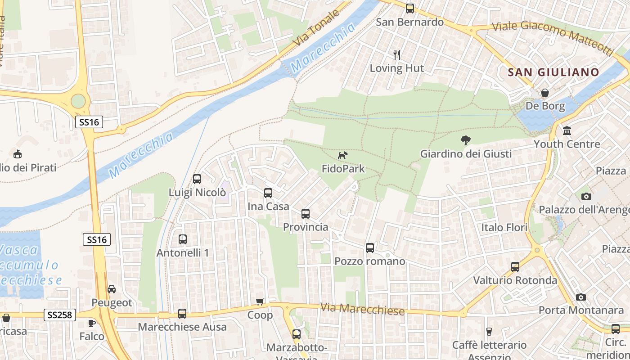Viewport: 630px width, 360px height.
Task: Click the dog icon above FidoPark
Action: point(342,156)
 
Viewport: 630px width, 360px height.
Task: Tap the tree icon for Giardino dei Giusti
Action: point(466,140)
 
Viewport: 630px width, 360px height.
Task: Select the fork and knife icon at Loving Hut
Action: point(397,55)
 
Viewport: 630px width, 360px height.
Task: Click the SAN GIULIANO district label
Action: point(553,72)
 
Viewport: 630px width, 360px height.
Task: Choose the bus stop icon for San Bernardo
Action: point(409,8)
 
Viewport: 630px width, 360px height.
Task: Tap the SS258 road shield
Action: point(60,315)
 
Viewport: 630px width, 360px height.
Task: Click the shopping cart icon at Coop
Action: point(260,301)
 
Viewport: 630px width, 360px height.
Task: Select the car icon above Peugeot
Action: point(112,289)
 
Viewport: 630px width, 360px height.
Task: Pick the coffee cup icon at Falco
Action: point(92,323)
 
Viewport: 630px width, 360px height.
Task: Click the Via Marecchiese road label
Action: point(362,309)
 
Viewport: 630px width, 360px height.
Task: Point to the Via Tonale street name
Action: point(316,28)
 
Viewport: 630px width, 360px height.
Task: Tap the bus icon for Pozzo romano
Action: point(370,247)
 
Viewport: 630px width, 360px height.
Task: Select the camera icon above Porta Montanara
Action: point(581,297)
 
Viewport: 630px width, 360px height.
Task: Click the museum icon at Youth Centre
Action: point(567,131)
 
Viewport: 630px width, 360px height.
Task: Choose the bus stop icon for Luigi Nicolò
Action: point(197,179)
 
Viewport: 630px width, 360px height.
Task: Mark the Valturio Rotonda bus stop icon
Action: point(515,267)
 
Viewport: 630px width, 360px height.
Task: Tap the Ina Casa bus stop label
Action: point(268,206)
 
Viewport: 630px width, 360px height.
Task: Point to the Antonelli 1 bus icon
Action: point(183,239)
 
